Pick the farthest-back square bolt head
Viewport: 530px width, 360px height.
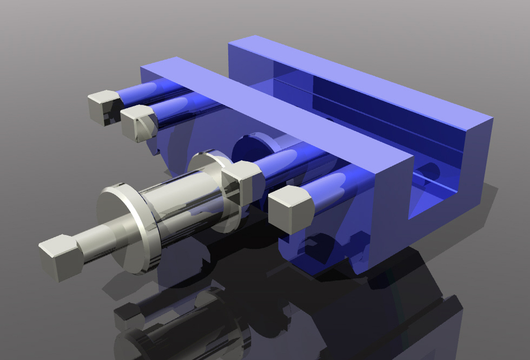click(x=103, y=107)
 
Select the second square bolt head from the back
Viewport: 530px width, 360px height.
click(x=138, y=123)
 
